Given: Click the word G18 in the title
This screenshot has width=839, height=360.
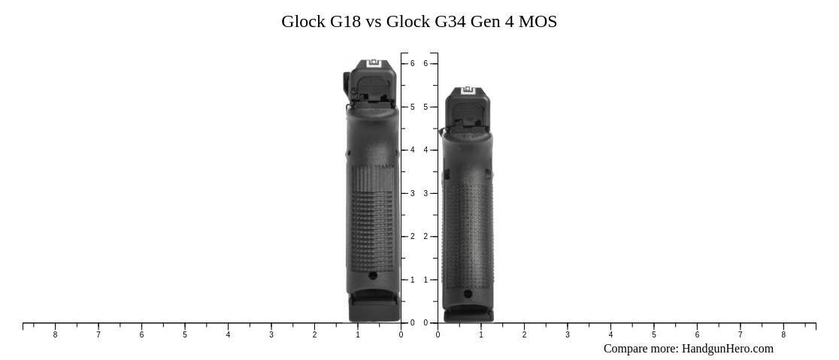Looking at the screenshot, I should [345, 22].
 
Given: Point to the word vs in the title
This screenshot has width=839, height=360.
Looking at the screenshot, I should [374, 22].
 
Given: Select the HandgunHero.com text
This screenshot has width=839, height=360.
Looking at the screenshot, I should [727, 349].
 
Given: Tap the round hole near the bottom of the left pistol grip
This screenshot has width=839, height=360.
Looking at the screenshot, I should [373, 276].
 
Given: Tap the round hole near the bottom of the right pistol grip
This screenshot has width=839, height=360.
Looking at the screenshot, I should [468, 294].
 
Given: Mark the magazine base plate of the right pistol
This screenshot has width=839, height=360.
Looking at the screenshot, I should [468, 314].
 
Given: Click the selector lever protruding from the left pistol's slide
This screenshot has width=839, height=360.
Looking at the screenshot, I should [347, 83].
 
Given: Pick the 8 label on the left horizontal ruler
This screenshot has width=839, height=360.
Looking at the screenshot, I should [55, 335].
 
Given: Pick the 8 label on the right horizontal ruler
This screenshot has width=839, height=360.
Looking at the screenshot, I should [783, 335].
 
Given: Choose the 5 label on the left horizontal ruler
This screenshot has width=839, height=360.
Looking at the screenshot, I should [185, 335].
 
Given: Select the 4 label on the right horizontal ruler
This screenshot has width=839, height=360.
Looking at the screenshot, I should [610, 335].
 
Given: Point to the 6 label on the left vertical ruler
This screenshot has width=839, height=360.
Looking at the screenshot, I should [412, 64].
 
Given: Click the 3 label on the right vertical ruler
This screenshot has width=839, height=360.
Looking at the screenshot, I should [426, 194].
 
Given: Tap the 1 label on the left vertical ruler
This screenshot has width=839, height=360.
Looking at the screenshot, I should [412, 280].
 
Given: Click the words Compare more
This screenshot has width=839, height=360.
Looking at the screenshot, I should [640, 349].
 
